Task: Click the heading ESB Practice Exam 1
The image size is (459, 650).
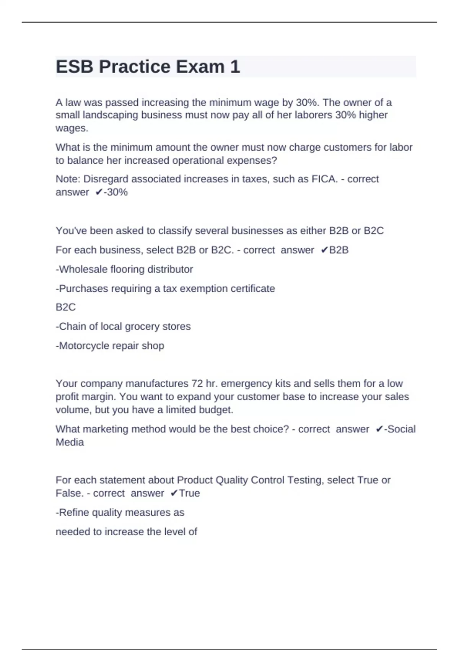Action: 148,67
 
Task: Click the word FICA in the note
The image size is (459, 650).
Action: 324,179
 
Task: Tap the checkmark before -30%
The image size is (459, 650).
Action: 99,192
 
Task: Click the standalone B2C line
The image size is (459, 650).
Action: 66,307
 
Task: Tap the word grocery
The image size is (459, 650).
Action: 142,327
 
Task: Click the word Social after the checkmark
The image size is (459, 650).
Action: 402,429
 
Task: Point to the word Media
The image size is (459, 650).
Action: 70,442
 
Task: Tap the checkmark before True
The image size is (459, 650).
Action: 174,493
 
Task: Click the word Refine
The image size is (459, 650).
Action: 74,512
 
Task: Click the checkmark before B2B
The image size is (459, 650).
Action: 324,250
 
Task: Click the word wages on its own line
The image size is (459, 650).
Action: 72,128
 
